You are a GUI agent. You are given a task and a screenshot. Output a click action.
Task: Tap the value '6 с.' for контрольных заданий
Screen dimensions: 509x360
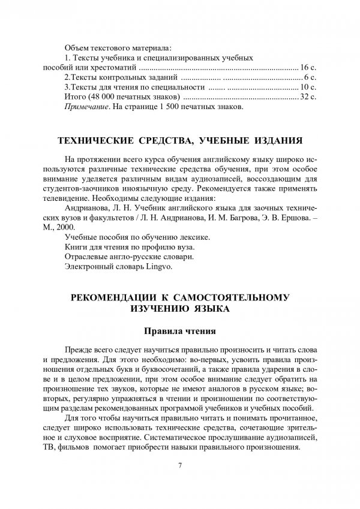tap(310, 78)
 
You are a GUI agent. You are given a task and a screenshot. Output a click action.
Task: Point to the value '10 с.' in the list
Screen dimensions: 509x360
tap(308, 88)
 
